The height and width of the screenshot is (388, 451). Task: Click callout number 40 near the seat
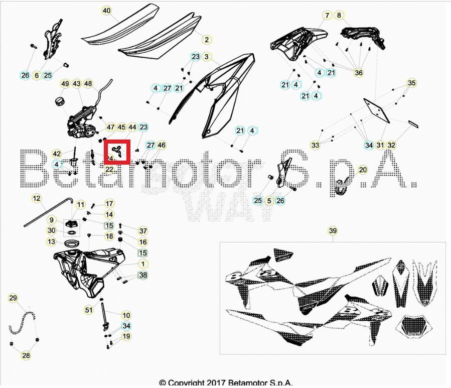tap(106, 11)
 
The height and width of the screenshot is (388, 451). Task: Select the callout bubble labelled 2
tap(206, 39)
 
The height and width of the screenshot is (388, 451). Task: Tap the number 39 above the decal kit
tap(333, 231)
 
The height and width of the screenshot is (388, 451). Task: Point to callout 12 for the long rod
tap(37, 199)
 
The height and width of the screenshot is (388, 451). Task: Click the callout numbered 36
tap(358, 73)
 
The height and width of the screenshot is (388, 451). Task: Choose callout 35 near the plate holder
tap(411, 83)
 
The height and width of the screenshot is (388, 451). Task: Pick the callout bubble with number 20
tap(327, 16)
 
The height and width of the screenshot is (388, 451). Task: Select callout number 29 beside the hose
tap(339, 16)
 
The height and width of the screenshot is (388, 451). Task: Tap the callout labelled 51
tap(89, 310)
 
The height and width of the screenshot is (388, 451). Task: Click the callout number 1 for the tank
tap(143, 264)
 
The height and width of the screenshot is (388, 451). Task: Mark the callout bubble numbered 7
tap(327, 16)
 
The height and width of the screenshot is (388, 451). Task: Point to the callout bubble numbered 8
tap(339, 16)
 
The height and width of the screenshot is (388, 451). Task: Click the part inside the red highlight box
tap(117, 150)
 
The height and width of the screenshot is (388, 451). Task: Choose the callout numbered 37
tap(143, 231)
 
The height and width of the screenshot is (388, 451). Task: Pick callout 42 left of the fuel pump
tap(57, 154)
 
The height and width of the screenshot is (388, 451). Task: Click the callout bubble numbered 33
tap(315, 146)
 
